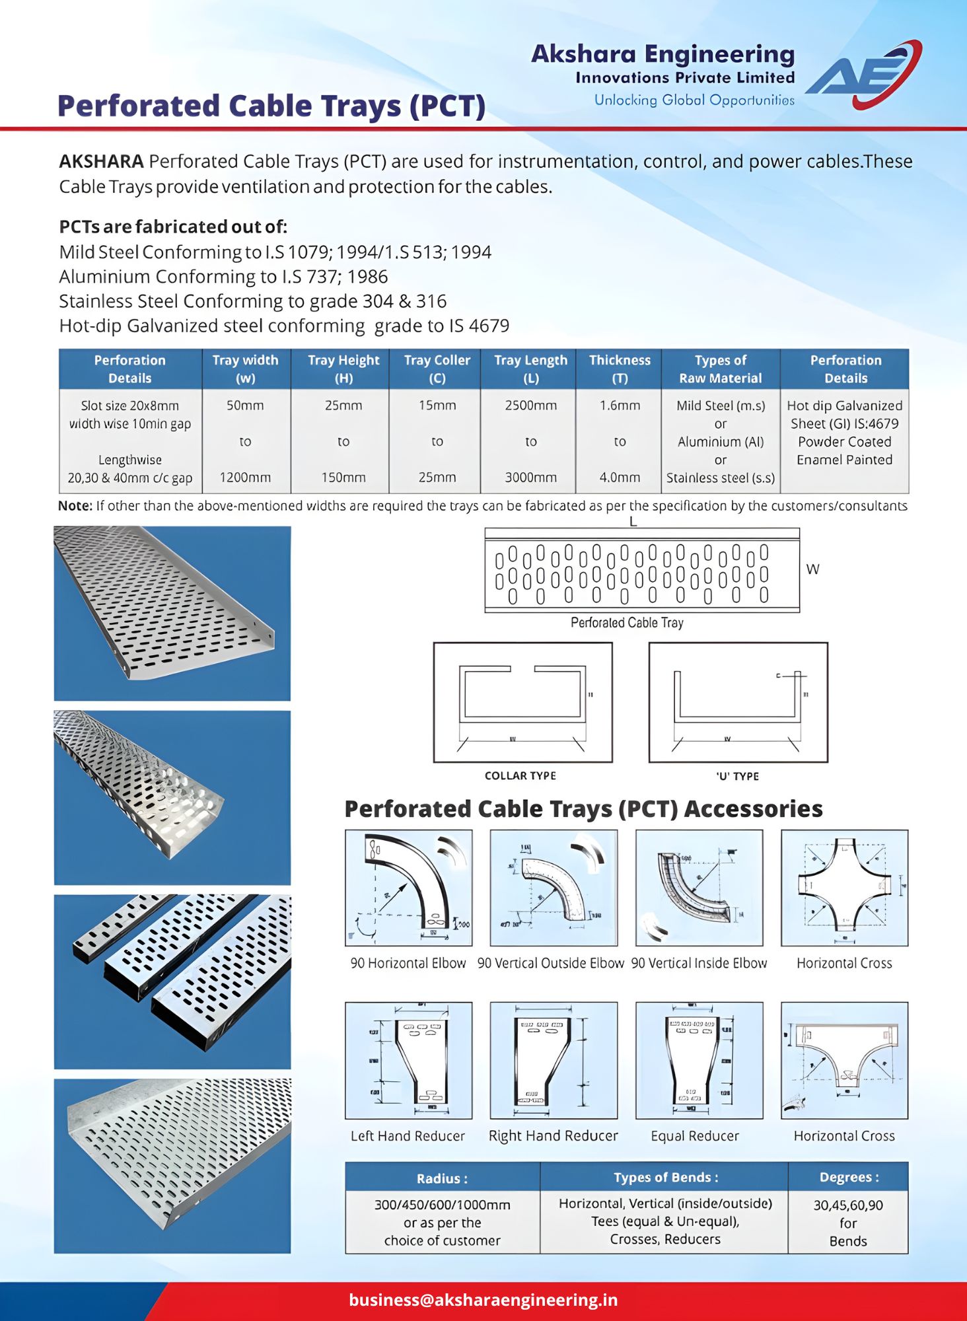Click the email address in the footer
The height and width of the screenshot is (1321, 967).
click(x=483, y=1300)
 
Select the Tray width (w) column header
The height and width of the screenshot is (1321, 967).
click(x=245, y=369)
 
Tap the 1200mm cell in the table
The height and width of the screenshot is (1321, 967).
click(x=245, y=477)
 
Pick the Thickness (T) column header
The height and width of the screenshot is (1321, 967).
click(x=620, y=369)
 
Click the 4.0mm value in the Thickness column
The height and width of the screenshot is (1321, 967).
click(x=620, y=477)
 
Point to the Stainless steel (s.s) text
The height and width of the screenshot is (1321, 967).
click(x=720, y=478)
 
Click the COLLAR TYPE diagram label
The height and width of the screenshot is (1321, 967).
click(x=520, y=775)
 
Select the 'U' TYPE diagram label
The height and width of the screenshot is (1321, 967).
click(x=737, y=776)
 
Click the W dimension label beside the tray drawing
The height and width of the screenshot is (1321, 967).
click(x=812, y=569)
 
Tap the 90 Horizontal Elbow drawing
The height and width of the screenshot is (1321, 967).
click(x=408, y=887)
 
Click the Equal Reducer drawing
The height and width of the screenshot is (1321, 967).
click(x=699, y=1060)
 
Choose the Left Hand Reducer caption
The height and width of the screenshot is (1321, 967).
click(x=408, y=1135)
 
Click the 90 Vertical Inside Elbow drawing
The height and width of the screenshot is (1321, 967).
click(x=699, y=887)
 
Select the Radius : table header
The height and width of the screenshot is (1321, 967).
click(x=442, y=1178)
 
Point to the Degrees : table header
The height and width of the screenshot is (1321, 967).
click(x=849, y=1177)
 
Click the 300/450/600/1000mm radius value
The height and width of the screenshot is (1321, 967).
click(x=442, y=1205)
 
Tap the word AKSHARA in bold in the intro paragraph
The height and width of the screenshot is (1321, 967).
click(x=101, y=161)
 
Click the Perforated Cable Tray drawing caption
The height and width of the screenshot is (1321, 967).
click(x=627, y=623)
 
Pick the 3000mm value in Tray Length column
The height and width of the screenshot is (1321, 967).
click(x=530, y=477)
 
